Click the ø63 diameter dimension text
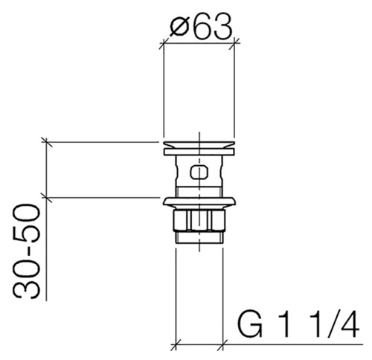point(202,26)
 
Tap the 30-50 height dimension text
point(27,251)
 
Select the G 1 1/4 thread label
point(298,324)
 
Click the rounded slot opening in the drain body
point(199,172)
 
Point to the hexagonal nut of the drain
point(199,220)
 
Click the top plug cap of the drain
point(199,144)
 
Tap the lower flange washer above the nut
point(199,202)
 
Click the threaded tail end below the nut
point(199,237)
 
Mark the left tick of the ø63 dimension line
point(163,44)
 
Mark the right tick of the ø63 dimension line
point(234,44)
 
